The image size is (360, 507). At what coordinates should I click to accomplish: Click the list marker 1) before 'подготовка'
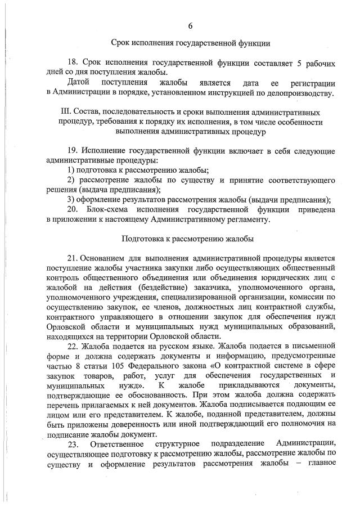click(71, 171)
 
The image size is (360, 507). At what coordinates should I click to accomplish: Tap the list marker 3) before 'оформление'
click(71, 199)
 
